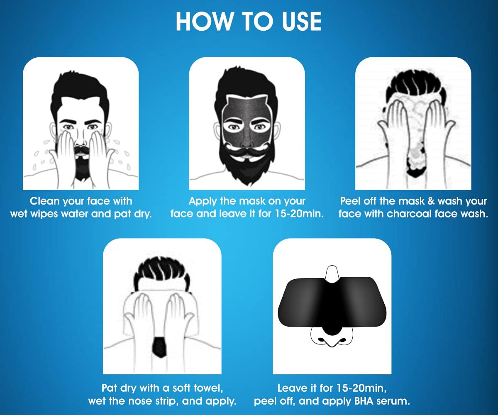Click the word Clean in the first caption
pos(46,201)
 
